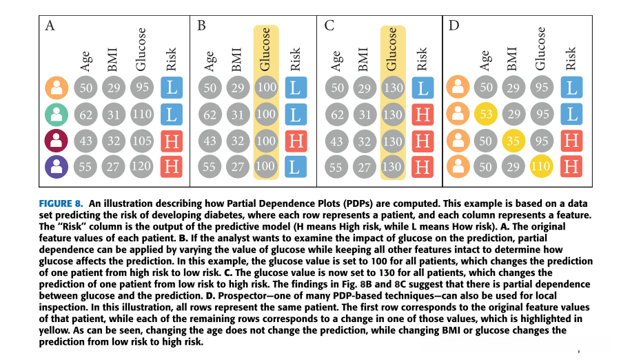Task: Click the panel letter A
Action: click(x=50, y=26)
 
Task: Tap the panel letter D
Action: click(x=454, y=26)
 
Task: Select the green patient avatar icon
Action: click(x=57, y=114)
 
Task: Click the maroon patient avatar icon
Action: click(x=57, y=141)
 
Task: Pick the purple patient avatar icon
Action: click(x=57, y=167)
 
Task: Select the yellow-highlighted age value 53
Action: click(x=487, y=114)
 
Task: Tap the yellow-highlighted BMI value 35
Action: click(x=513, y=141)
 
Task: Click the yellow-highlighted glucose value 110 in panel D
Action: click(x=540, y=167)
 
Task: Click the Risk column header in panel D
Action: click(x=571, y=59)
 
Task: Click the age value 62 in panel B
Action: click(x=210, y=114)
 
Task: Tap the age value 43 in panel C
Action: click(x=337, y=141)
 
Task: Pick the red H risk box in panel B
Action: click(x=295, y=141)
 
